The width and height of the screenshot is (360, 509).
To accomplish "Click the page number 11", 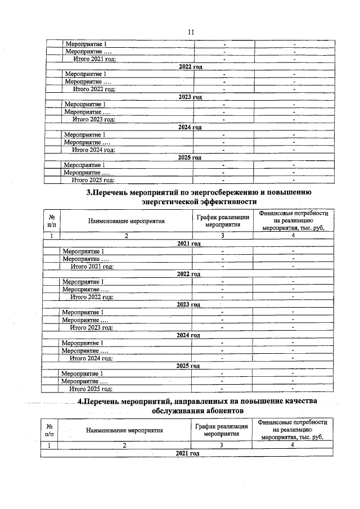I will pos(190,32).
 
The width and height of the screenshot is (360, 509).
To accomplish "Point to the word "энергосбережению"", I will pos(217,192).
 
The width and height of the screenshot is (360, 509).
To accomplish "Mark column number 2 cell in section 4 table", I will pos(124,445).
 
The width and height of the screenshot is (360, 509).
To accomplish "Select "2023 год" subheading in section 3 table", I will pos(188,304).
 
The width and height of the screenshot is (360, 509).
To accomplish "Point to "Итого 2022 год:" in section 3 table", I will pos(92,296).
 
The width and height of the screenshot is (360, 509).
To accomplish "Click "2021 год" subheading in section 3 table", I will pos(189,244).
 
